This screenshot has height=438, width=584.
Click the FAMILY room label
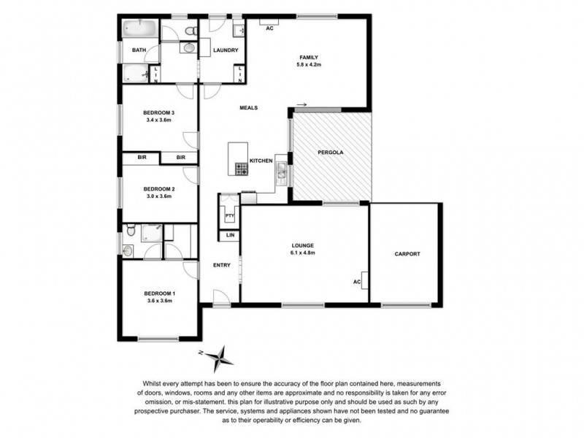(x=307, y=57)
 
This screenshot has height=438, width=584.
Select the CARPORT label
(x=407, y=253)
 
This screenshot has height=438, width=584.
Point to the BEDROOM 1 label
(x=161, y=293)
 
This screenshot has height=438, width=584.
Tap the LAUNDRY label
(x=226, y=50)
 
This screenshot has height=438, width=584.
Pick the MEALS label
(x=249, y=109)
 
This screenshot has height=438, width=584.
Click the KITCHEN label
(x=261, y=161)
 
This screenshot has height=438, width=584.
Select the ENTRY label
(x=223, y=266)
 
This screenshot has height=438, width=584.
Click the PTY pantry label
(x=229, y=216)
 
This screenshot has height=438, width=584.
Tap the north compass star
(x=219, y=358)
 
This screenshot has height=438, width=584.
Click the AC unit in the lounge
(x=358, y=281)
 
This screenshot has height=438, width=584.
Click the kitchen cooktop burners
(x=241, y=168)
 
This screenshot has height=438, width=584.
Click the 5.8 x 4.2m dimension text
(x=307, y=66)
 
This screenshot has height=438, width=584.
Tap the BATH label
(x=139, y=50)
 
